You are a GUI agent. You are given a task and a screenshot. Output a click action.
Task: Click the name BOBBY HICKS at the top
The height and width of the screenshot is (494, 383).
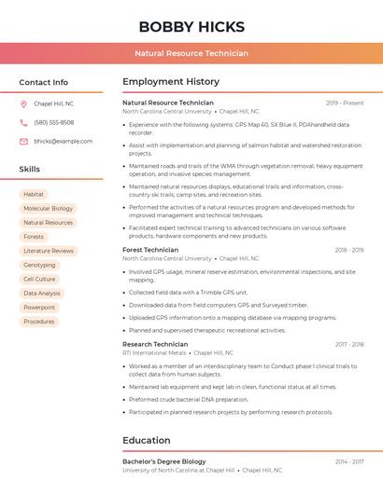(x=191, y=26)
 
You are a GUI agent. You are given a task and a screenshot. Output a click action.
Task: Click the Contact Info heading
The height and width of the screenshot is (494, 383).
(x=44, y=82)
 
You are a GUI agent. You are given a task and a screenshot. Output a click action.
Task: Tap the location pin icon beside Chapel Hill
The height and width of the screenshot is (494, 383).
(x=23, y=104)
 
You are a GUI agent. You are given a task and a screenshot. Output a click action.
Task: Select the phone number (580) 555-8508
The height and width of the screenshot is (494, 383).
(x=54, y=122)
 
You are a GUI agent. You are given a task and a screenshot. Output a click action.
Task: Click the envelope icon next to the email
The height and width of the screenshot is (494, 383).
(x=23, y=141)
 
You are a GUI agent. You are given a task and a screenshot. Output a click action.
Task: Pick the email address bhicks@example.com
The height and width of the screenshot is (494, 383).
(x=64, y=141)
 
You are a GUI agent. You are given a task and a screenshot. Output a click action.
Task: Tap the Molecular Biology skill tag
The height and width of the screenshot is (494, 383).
(x=48, y=209)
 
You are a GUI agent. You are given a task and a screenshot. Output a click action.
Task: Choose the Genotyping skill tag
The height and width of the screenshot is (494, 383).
(x=39, y=265)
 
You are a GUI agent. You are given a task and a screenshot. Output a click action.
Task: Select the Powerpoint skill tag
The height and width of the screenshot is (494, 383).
(x=39, y=307)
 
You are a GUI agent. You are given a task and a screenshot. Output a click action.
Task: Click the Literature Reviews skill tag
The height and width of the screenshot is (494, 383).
(x=49, y=251)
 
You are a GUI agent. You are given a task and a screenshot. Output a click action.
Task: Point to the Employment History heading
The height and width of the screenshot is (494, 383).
(x=171, y=82)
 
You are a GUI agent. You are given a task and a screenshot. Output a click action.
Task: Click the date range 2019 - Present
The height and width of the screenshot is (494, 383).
(x=345, y=103)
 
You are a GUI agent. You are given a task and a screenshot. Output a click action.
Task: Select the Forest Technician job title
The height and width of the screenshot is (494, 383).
(x=150, y=250)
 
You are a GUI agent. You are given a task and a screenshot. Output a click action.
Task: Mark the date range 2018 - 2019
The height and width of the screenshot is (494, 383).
(x=348, y=250)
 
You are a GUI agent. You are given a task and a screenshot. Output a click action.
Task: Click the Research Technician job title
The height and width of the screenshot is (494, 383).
(x=155, y=344)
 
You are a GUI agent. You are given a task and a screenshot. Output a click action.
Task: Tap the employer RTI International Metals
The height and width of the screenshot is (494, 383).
(x=155, y=353)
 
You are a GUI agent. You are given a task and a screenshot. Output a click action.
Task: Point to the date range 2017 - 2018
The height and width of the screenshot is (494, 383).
(x=348, y=344)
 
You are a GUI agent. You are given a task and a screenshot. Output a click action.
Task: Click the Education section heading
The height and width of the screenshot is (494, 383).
(x=147, y=441)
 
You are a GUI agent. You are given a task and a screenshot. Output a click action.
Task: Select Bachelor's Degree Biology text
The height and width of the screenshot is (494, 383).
(x=164, y=461)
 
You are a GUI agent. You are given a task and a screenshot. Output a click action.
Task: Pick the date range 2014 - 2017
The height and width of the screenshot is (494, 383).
(x=348, y=461)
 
